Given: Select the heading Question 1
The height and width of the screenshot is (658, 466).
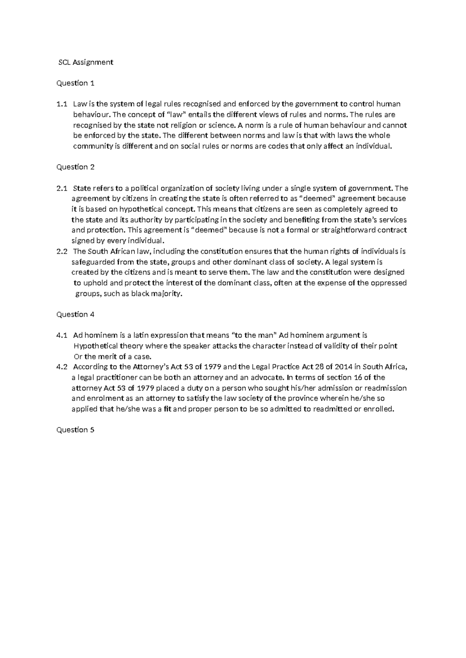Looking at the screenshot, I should tap(75, 83).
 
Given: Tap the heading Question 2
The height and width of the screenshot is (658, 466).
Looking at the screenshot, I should tap(75, 167).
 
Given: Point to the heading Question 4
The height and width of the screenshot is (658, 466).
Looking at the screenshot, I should tap(75, 314).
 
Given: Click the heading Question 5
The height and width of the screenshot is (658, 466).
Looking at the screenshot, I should tap(75, 430).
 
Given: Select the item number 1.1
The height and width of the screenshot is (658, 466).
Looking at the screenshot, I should tap(62, 104).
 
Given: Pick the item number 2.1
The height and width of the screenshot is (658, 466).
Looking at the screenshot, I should tap(62, 189).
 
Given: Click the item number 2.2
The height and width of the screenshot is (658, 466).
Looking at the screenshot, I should tap(62, 251).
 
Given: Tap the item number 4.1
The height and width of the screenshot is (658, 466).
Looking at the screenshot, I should tap(62, 335).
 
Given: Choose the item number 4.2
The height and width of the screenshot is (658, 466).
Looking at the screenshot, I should tap(62, 367).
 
